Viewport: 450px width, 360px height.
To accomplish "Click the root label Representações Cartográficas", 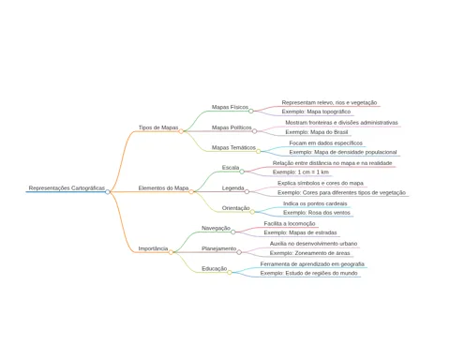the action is tap(67, 187).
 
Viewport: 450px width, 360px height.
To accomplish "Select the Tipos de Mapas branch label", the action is tap(158, 127).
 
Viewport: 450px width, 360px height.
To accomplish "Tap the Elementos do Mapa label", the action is tap(163, 187).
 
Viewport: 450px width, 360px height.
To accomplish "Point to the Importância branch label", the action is tap(153, 248).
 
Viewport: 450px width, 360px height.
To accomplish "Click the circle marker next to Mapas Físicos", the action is tap(251, 111).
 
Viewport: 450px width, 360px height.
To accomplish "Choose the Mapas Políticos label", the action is tap(232, 127).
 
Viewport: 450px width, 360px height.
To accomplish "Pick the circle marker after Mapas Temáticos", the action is tap(259, 152).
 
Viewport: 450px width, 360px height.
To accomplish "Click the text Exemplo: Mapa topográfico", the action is tap(316, 112).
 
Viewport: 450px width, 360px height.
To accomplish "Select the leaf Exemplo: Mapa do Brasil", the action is tap(316, 132).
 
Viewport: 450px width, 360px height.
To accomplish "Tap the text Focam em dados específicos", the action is tap(325, 143).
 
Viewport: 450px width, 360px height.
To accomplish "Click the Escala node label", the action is tap(231, 168).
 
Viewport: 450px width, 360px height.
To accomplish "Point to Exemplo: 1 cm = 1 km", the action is tap(301, 172).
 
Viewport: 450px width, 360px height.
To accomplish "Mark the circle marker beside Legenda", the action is tap(247, 191).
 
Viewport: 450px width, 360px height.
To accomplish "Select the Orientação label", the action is tap(235, 208).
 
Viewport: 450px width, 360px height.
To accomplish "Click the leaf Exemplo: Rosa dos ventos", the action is tap(317, 213).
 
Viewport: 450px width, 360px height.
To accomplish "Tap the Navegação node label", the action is tap(216, 228).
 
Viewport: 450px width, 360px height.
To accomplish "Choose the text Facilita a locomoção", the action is tap(290, 223).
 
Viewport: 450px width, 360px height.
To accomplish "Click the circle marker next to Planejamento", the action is tap(239, 252).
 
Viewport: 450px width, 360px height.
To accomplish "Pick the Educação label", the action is tap(215, 268).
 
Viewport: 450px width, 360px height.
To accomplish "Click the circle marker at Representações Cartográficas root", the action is tap(108, 192).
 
